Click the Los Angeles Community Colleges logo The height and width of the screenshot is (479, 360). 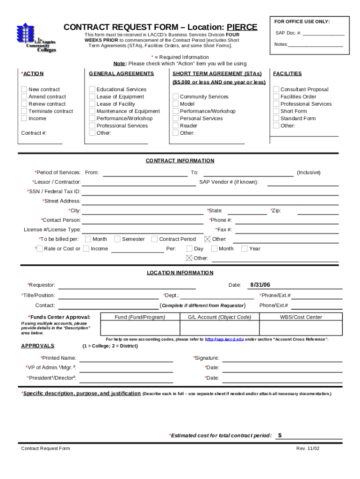(x=36, y=37)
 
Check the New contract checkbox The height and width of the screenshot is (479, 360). (x=24, y=89)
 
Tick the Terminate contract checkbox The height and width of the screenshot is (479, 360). (x=24, y=111)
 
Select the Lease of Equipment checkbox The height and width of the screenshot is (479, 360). (x=92, y=97)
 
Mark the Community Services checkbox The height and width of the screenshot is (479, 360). (x=176, y=97)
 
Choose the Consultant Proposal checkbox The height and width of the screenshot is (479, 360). (x=276, y=89)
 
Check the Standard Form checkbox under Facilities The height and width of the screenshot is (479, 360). (x=276, y=118)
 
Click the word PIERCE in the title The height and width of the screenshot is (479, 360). (x=242, y=28)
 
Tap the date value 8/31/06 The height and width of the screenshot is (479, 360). (x=260, y=284)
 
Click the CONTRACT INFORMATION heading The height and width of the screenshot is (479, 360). (x=180, y=161)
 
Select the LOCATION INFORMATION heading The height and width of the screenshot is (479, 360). (x=180, y=273)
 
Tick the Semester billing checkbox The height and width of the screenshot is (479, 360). (x=117, y=239)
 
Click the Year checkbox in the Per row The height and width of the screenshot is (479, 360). (x=244, y=249)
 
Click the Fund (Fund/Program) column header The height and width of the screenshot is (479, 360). (x=140, y=317)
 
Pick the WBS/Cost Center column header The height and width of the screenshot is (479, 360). (x=301, y=317)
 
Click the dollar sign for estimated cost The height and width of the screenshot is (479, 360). (x=280, y=435)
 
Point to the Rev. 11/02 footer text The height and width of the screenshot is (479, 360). (x=308, y=449)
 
